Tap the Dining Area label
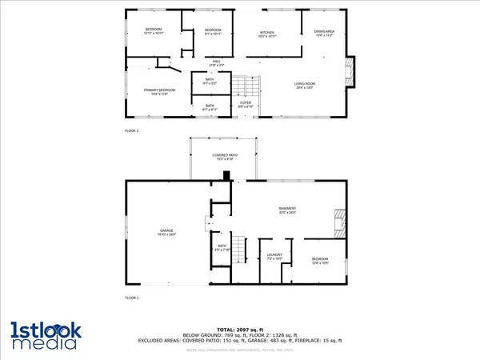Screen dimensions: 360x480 324,33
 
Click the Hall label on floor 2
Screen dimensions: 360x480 216,62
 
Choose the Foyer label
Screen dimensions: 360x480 246,104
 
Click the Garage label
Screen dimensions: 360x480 166,233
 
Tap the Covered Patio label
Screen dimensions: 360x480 225,156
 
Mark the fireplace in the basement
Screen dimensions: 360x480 340,222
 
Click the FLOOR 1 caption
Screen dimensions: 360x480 131,298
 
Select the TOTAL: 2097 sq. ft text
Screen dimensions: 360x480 240,329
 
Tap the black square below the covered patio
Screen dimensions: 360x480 227,177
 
